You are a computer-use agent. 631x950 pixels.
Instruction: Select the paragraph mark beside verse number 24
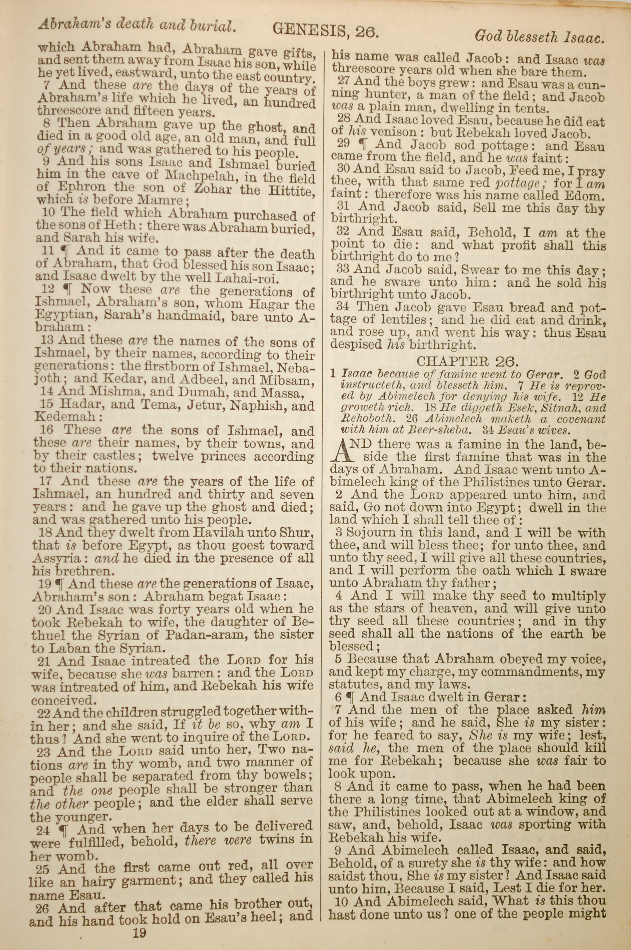click(x=63, y=827)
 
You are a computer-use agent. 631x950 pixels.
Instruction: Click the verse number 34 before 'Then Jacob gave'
click(x=343, y=307)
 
